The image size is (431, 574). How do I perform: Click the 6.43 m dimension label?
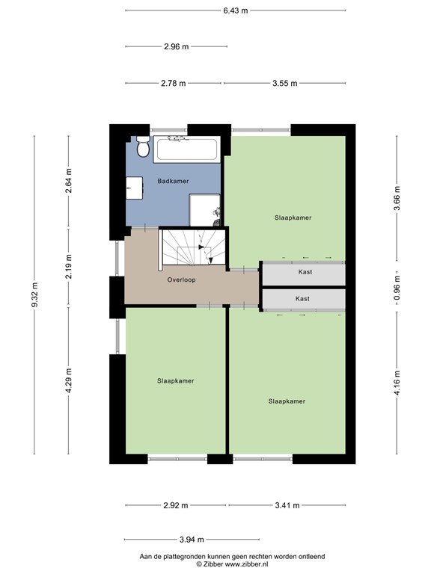(x=235, y=10)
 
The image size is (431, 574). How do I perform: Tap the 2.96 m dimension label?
(x=176, y=46)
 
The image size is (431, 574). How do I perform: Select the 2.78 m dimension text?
(x=173, y=83)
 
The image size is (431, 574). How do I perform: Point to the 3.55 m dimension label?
(x=284, y=83)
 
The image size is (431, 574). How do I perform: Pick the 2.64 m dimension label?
(x=68, y=183)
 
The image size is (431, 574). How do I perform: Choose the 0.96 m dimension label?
(x=397, y=284)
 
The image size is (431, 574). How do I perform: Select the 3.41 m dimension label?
(x=287, y=505)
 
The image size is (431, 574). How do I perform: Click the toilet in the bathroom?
(x=140, y=149)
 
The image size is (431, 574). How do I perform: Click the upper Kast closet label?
(x=302, y=273)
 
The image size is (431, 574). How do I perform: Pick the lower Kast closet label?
(x=302, y=298)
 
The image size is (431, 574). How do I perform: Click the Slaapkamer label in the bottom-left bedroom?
(x=176, y=380)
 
